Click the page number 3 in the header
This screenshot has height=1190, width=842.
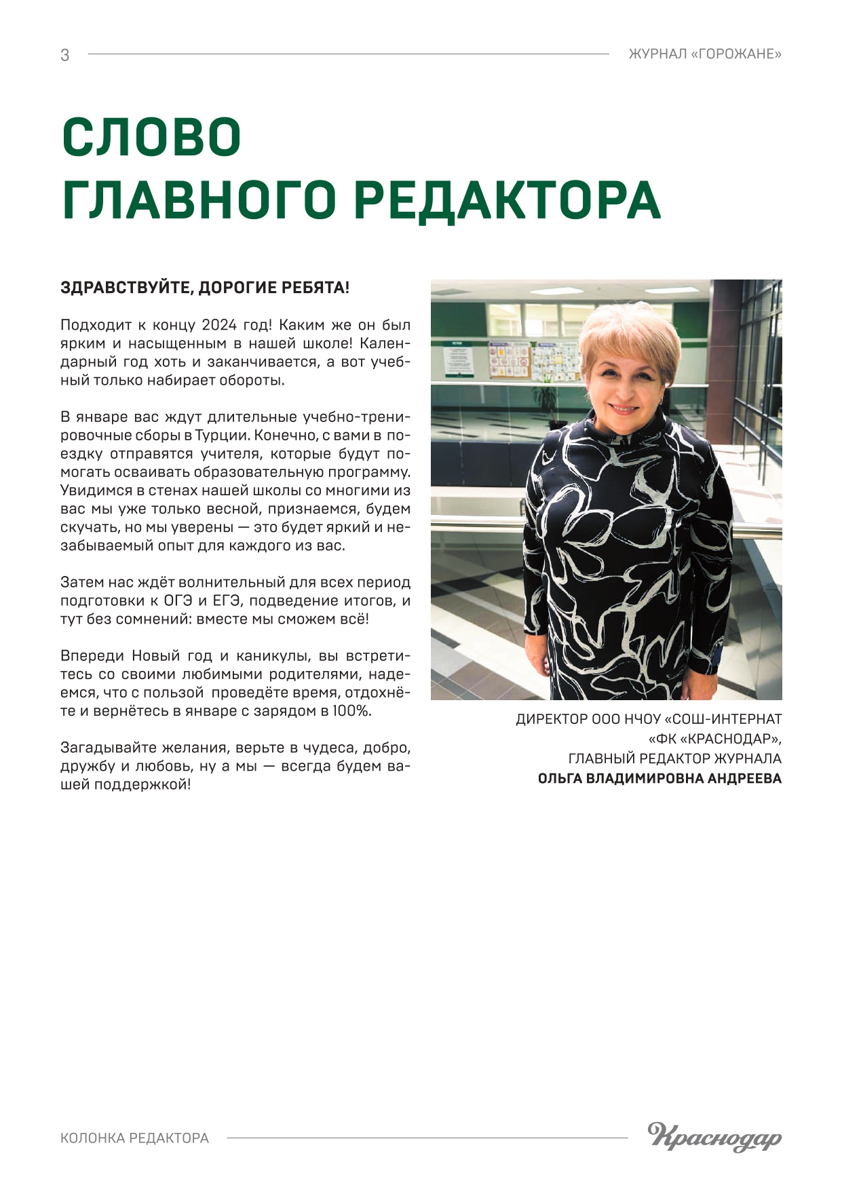[65, 55]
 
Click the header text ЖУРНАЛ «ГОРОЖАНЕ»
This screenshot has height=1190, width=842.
[705, 54]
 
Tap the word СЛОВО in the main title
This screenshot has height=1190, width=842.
[152, 138]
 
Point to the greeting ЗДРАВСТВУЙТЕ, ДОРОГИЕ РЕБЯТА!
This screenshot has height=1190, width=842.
[205, 288]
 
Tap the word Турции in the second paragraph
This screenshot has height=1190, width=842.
[221, 435]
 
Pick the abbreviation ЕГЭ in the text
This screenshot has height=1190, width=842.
[228, 600]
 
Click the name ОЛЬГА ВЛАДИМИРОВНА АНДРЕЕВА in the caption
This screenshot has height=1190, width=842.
[659, 779]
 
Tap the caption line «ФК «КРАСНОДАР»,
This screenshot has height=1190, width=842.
[714, 739]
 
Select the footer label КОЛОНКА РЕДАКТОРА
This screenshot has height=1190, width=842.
[134, 1138]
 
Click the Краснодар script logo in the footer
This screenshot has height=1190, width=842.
[714, 1136]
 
